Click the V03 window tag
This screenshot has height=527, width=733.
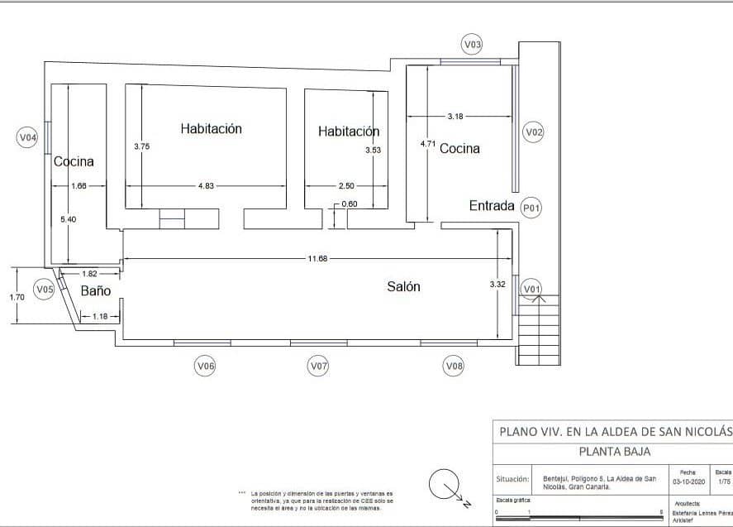(x=471, y=45)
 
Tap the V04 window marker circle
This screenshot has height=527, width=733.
(x=28, y=138)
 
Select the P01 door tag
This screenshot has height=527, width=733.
(x=531, y=208)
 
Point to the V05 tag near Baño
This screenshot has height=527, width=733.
(x=45, y=290)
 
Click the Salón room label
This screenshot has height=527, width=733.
(x=404, y=287)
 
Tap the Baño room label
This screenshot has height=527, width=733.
(x=96, y=291)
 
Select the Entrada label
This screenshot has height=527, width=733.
(x=492, y=206)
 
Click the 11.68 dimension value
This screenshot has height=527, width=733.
(x=317, y=259)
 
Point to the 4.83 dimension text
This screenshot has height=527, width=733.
(x=206, y=186)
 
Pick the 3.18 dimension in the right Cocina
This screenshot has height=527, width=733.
(x=455, y=117)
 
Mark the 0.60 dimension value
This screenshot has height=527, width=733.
(x=350, y=204)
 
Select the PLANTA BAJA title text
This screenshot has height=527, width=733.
(x=613, y=452)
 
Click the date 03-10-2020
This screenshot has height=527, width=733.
(x=688, y=480)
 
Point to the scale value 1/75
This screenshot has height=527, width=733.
(x=725, y=480)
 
